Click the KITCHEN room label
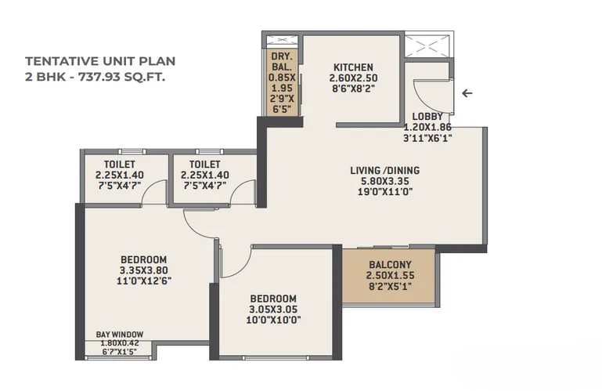pos(353,67)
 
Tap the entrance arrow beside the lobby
pos(467,93)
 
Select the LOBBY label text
pos(427,117)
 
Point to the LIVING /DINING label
pos(384,170)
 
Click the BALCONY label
pos(390,265)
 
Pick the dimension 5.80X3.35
pos(384,181)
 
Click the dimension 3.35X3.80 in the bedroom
pos(143,270)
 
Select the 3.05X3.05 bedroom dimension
pos(273,310)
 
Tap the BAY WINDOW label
pos(120,335)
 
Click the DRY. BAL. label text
pos(282,62)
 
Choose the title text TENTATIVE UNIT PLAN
pos(100,61)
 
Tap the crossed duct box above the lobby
pos(427,46)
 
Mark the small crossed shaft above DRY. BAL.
pos(282,42)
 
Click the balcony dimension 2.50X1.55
pos(390,275)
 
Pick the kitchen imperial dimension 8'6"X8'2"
pos(352,89)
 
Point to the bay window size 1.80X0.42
pos(120,343)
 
